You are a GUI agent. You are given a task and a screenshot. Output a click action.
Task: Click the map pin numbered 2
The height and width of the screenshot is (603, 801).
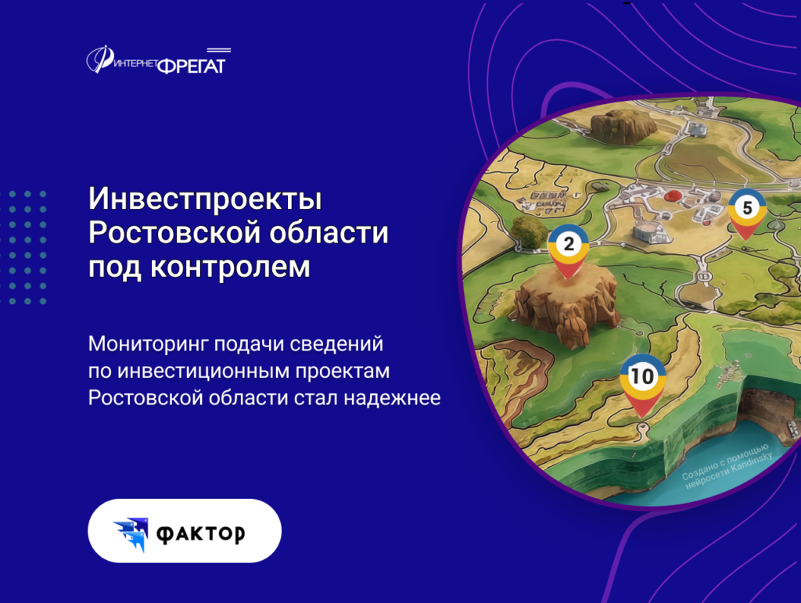click(x=568, y=249)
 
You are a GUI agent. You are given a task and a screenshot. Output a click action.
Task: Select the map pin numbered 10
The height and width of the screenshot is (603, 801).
click(x=643, y=383)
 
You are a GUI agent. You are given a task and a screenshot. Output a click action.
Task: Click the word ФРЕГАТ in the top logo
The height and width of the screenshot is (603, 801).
click(x=192, y=66)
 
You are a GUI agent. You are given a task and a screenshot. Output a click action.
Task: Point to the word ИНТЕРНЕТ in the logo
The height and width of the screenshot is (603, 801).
click(x=135, y=64)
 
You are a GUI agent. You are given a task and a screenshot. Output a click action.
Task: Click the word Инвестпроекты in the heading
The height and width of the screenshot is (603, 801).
click(x=206, y=199)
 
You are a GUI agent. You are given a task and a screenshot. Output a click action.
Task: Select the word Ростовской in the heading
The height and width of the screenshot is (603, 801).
click(x=174, y=233)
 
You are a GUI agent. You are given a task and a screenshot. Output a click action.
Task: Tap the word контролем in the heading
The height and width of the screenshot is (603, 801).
click(x=230, y=267)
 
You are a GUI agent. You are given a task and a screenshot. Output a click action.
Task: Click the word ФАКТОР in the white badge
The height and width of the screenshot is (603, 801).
click(x=200, y=533)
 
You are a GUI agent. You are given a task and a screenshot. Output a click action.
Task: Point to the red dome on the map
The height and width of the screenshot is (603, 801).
click(x=673, y=196)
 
